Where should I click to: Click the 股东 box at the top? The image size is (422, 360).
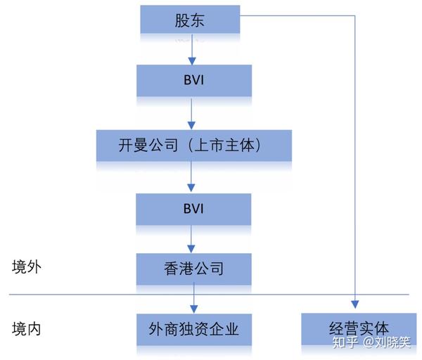point(190,20)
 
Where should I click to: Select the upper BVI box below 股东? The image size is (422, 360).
point(194,80)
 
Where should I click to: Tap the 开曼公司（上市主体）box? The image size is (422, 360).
point(194,146)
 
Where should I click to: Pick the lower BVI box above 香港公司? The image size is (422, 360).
point(193,209)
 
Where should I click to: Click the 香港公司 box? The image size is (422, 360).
point(194,269)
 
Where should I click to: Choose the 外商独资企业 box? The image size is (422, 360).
point(194,329)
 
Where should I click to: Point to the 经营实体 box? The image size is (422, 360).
point(359,329)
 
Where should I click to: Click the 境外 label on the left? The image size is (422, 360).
point(27,267)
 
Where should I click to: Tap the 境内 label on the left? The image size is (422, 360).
point(27,329)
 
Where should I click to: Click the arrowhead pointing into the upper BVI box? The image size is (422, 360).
point(192,61)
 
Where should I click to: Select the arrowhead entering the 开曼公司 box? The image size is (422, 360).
point(191,126)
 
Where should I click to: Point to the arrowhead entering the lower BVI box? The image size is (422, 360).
point(191,188)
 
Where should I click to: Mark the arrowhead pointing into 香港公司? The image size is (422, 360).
point(191,249)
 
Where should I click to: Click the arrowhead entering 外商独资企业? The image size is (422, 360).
point(194,309)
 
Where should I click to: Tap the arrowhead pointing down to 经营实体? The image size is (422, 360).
point(355,304)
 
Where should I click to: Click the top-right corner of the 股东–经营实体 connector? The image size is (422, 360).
point(355,15)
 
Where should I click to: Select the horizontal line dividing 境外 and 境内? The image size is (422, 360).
point(209,295)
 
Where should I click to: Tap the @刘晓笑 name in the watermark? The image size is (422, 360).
point(387,342)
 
